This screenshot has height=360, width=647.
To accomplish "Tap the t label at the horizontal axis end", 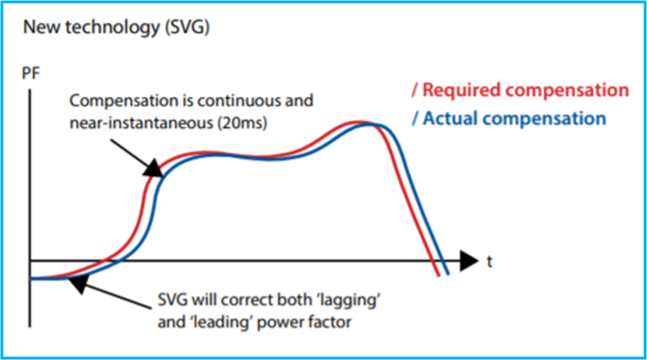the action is point(489,261).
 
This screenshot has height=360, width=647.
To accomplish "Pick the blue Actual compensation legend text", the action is point(515,118).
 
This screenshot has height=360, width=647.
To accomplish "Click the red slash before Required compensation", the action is point(412,91).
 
